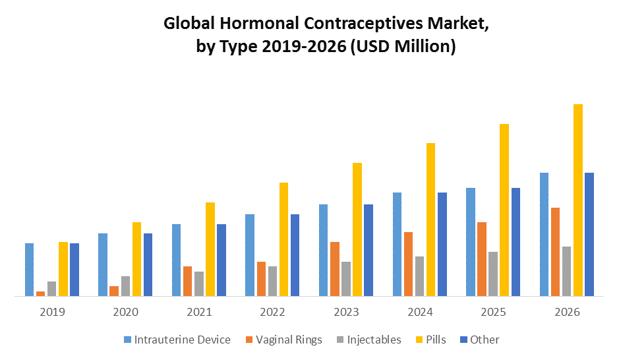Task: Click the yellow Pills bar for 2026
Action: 578,200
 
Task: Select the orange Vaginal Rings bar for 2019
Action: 41,294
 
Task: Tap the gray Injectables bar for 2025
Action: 493,274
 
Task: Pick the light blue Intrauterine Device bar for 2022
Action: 250,255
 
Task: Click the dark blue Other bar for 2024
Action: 442,244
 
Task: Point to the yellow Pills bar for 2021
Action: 210,249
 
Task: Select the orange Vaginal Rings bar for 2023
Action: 335,269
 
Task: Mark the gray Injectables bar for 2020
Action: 125,286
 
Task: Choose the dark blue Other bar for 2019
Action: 74,270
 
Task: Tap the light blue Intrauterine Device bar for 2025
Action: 471,242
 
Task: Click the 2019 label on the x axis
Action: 52,312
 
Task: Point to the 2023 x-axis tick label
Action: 346,312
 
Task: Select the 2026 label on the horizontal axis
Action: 567,312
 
